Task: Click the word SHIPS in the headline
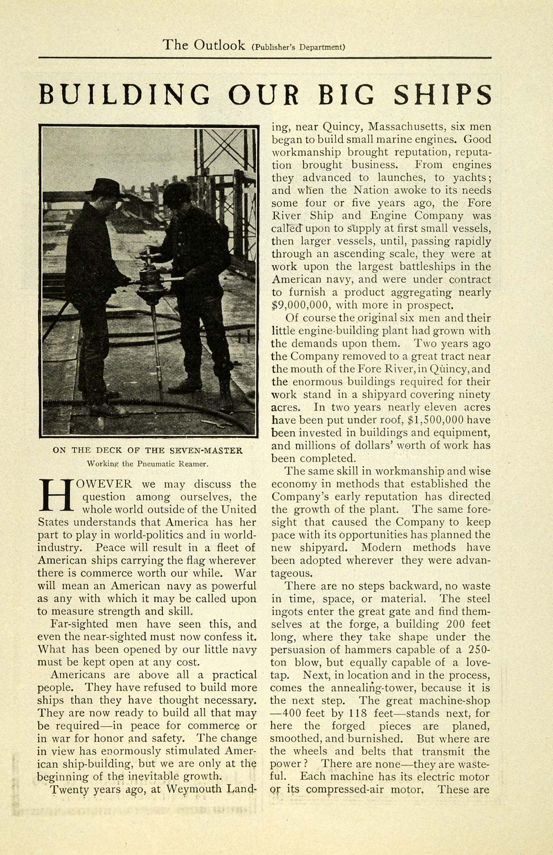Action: click(442, 95)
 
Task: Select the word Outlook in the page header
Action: click(220, 45)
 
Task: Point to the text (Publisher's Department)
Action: click(299, 47)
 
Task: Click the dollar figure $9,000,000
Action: click(299, 305)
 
